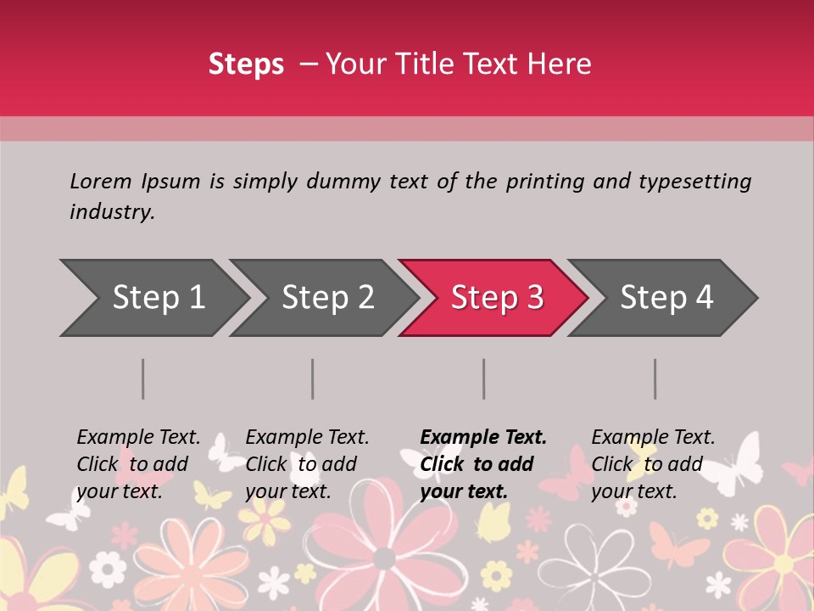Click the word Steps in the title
click(x=246, y=64)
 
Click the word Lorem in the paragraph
click(x=100, y=182)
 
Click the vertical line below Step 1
click(x=143, y=378)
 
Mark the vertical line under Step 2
click(x=313, y=378)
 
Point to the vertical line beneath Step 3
click(x=484, y=378)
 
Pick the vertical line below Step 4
click(x=655, y=378)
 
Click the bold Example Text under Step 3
click(x=483, y=438)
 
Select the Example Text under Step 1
click(x=138, y=438)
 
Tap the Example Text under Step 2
click(x=307, y=438)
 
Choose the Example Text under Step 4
click(x=653, y=438)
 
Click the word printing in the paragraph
click(x=547, y=182)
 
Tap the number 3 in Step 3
click(x=534, y=298)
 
